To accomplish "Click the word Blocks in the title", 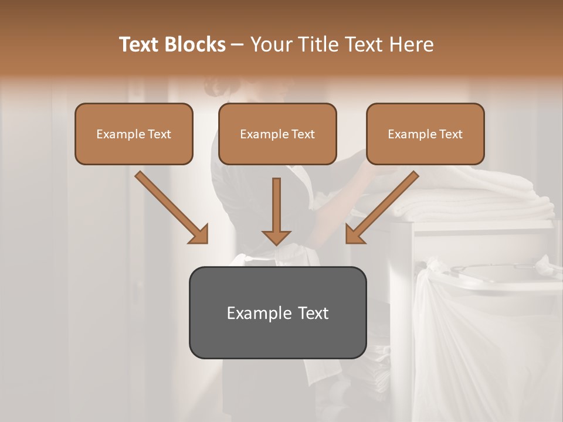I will (196, 45).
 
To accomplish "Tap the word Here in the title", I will (412, 45).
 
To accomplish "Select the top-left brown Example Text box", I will (134, 134).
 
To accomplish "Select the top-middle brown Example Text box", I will (277, 134).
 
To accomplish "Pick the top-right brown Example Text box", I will (425, 134).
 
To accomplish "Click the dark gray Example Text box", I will (277, 312).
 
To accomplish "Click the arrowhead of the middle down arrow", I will (276, 237).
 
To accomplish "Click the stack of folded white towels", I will (469, 199).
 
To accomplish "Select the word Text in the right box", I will (450, 134).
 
